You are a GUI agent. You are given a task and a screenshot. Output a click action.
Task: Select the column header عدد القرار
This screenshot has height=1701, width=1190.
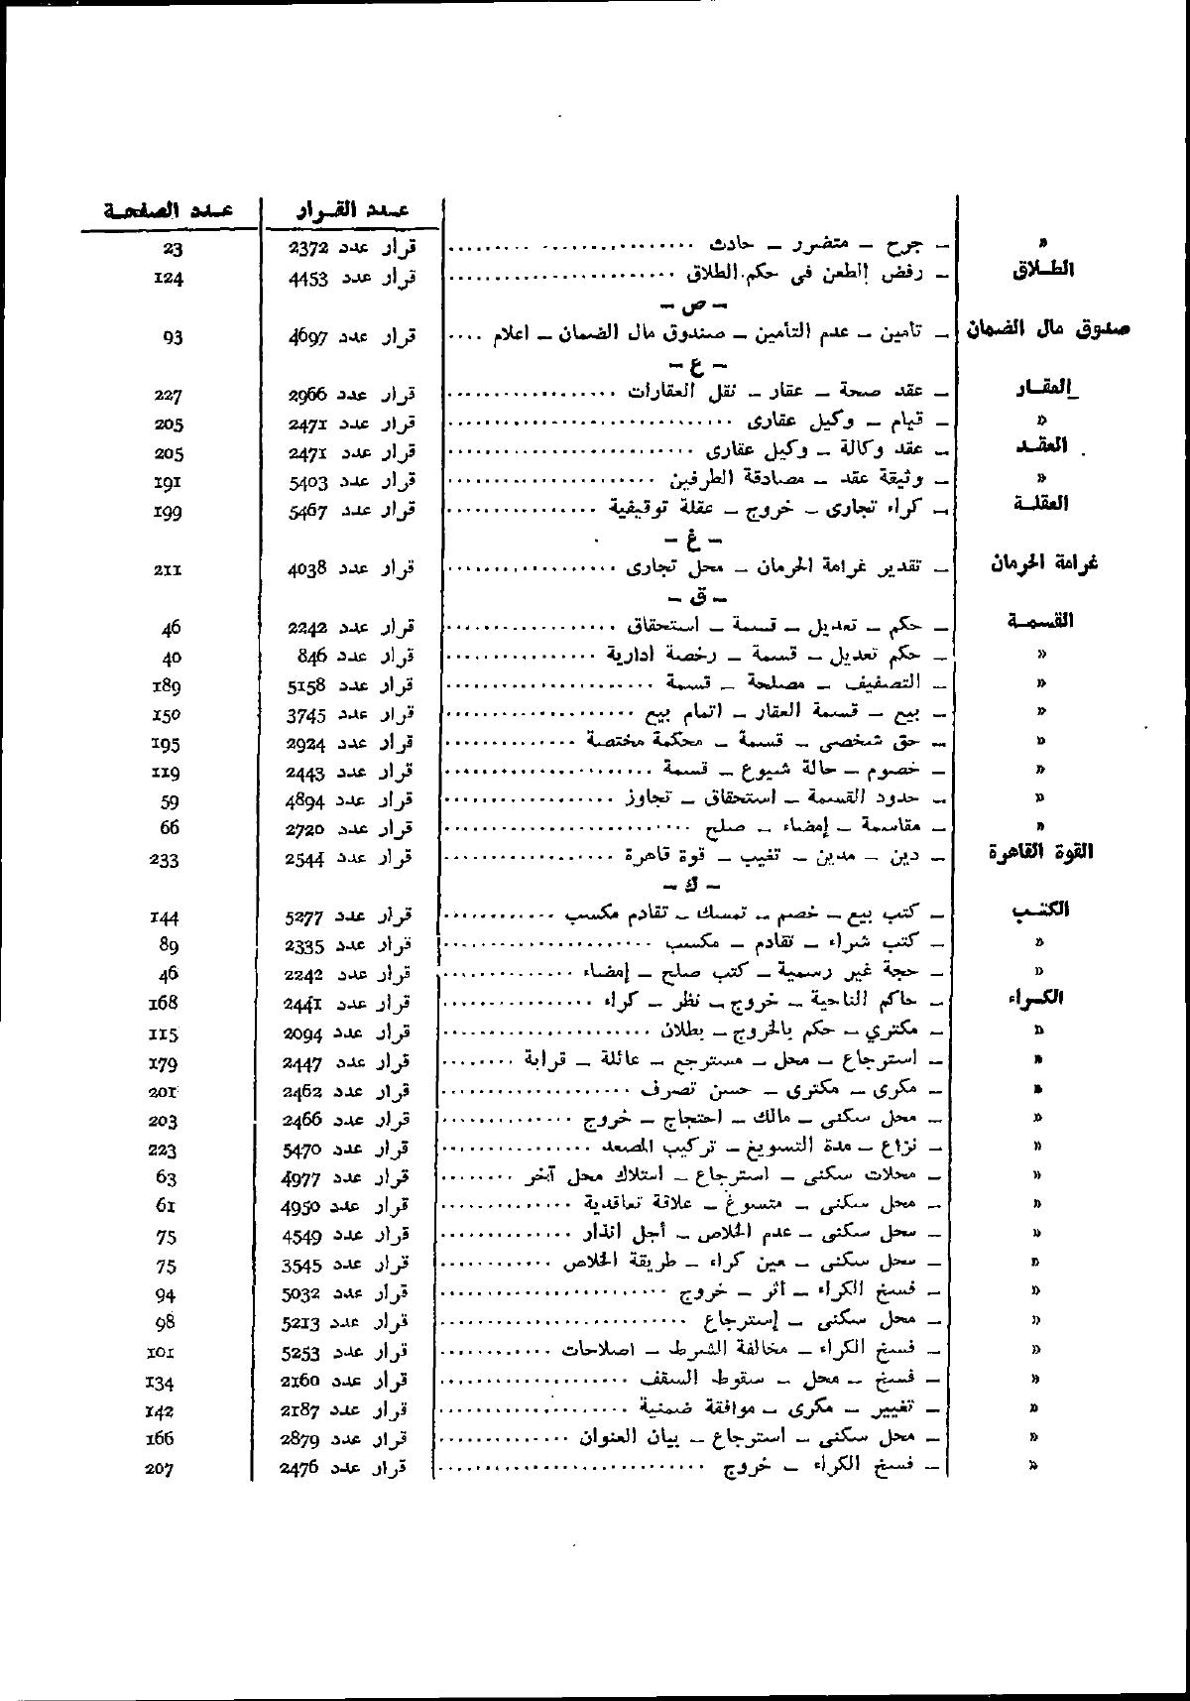tap(354, 210)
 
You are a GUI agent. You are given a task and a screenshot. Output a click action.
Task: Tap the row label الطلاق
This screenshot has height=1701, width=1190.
tap(1042, 270)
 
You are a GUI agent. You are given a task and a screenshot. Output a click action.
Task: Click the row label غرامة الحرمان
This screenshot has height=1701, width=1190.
tap(1043, 563)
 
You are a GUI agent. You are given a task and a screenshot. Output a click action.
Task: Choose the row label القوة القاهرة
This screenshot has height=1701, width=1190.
tap(1041, 852)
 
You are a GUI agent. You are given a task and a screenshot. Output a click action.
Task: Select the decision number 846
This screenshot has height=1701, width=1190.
tap(313, 656)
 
